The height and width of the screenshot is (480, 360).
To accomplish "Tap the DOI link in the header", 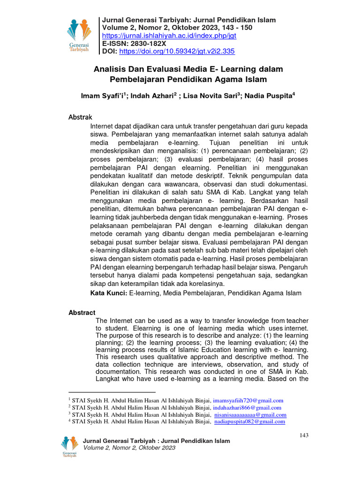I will click(177, 51).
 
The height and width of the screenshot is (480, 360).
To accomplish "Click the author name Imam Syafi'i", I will click(103, 96).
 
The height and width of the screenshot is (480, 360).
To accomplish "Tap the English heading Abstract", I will click(82, 312).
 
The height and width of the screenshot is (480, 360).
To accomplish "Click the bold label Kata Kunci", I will click(109, 293).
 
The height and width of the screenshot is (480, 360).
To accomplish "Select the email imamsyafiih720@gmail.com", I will click(248, 401).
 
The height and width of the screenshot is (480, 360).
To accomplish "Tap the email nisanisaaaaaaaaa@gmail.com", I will click(250, 415).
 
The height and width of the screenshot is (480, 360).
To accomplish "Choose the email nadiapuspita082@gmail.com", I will click(249, 422).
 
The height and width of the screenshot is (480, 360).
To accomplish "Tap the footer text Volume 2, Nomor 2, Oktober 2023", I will click(129, 448).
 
